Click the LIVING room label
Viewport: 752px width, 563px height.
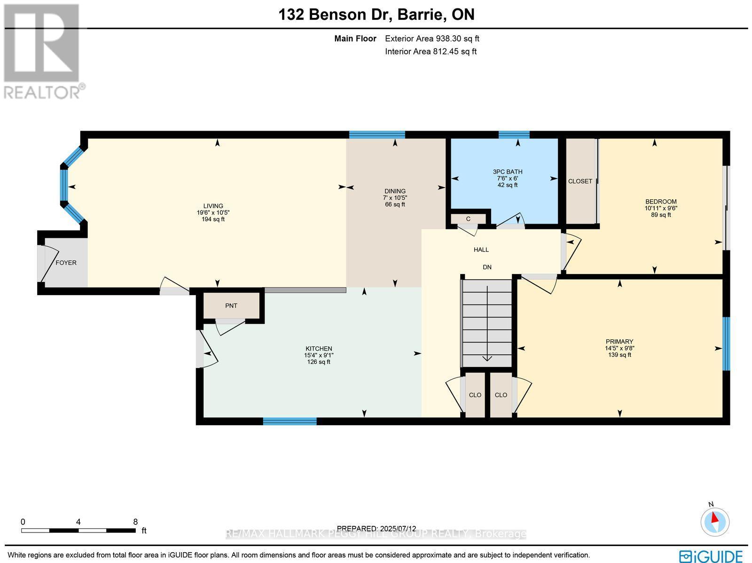coord(213,206)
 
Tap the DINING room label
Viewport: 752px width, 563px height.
coord(395,191)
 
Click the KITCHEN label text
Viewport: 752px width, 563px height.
coord(319,349)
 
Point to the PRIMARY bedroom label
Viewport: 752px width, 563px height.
coord(619,342)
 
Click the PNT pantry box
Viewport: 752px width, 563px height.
coord(231,306)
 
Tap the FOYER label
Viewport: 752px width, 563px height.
coord(66,263)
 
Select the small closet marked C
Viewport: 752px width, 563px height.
coord(468,219)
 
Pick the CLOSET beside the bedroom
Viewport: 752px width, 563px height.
coord(580,181)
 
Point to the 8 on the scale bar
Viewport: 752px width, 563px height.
coord(135,522)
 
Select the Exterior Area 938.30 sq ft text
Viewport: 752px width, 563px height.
coord(432,39)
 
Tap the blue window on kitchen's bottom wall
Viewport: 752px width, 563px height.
coord(290,421)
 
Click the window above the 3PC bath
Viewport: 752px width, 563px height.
coord(514,135)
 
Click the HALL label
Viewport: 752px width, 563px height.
coord(481,250)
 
